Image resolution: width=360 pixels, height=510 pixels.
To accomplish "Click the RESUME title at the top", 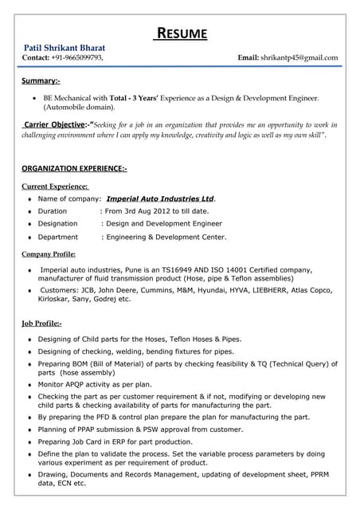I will click(x=181, y=33).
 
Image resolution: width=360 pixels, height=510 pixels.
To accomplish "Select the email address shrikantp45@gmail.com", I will click(x=299, y=58).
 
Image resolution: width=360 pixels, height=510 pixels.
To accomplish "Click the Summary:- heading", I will click(x=41, y=81).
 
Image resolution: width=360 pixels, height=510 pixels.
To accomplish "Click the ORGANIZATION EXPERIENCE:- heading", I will click(x=74, y=169).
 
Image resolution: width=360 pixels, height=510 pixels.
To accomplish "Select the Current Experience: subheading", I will click(x=55, y=186).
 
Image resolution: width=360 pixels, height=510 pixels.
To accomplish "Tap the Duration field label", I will click(x=53, y=211).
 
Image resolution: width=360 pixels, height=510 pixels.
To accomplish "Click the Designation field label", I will click(x=57, y=224).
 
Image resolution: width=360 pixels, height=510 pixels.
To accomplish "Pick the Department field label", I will click(x=57, y=237).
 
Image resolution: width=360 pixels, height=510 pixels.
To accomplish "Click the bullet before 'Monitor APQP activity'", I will click(x=29, y=384).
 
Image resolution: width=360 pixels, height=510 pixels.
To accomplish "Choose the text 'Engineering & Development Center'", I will click(x=164, y=237).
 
